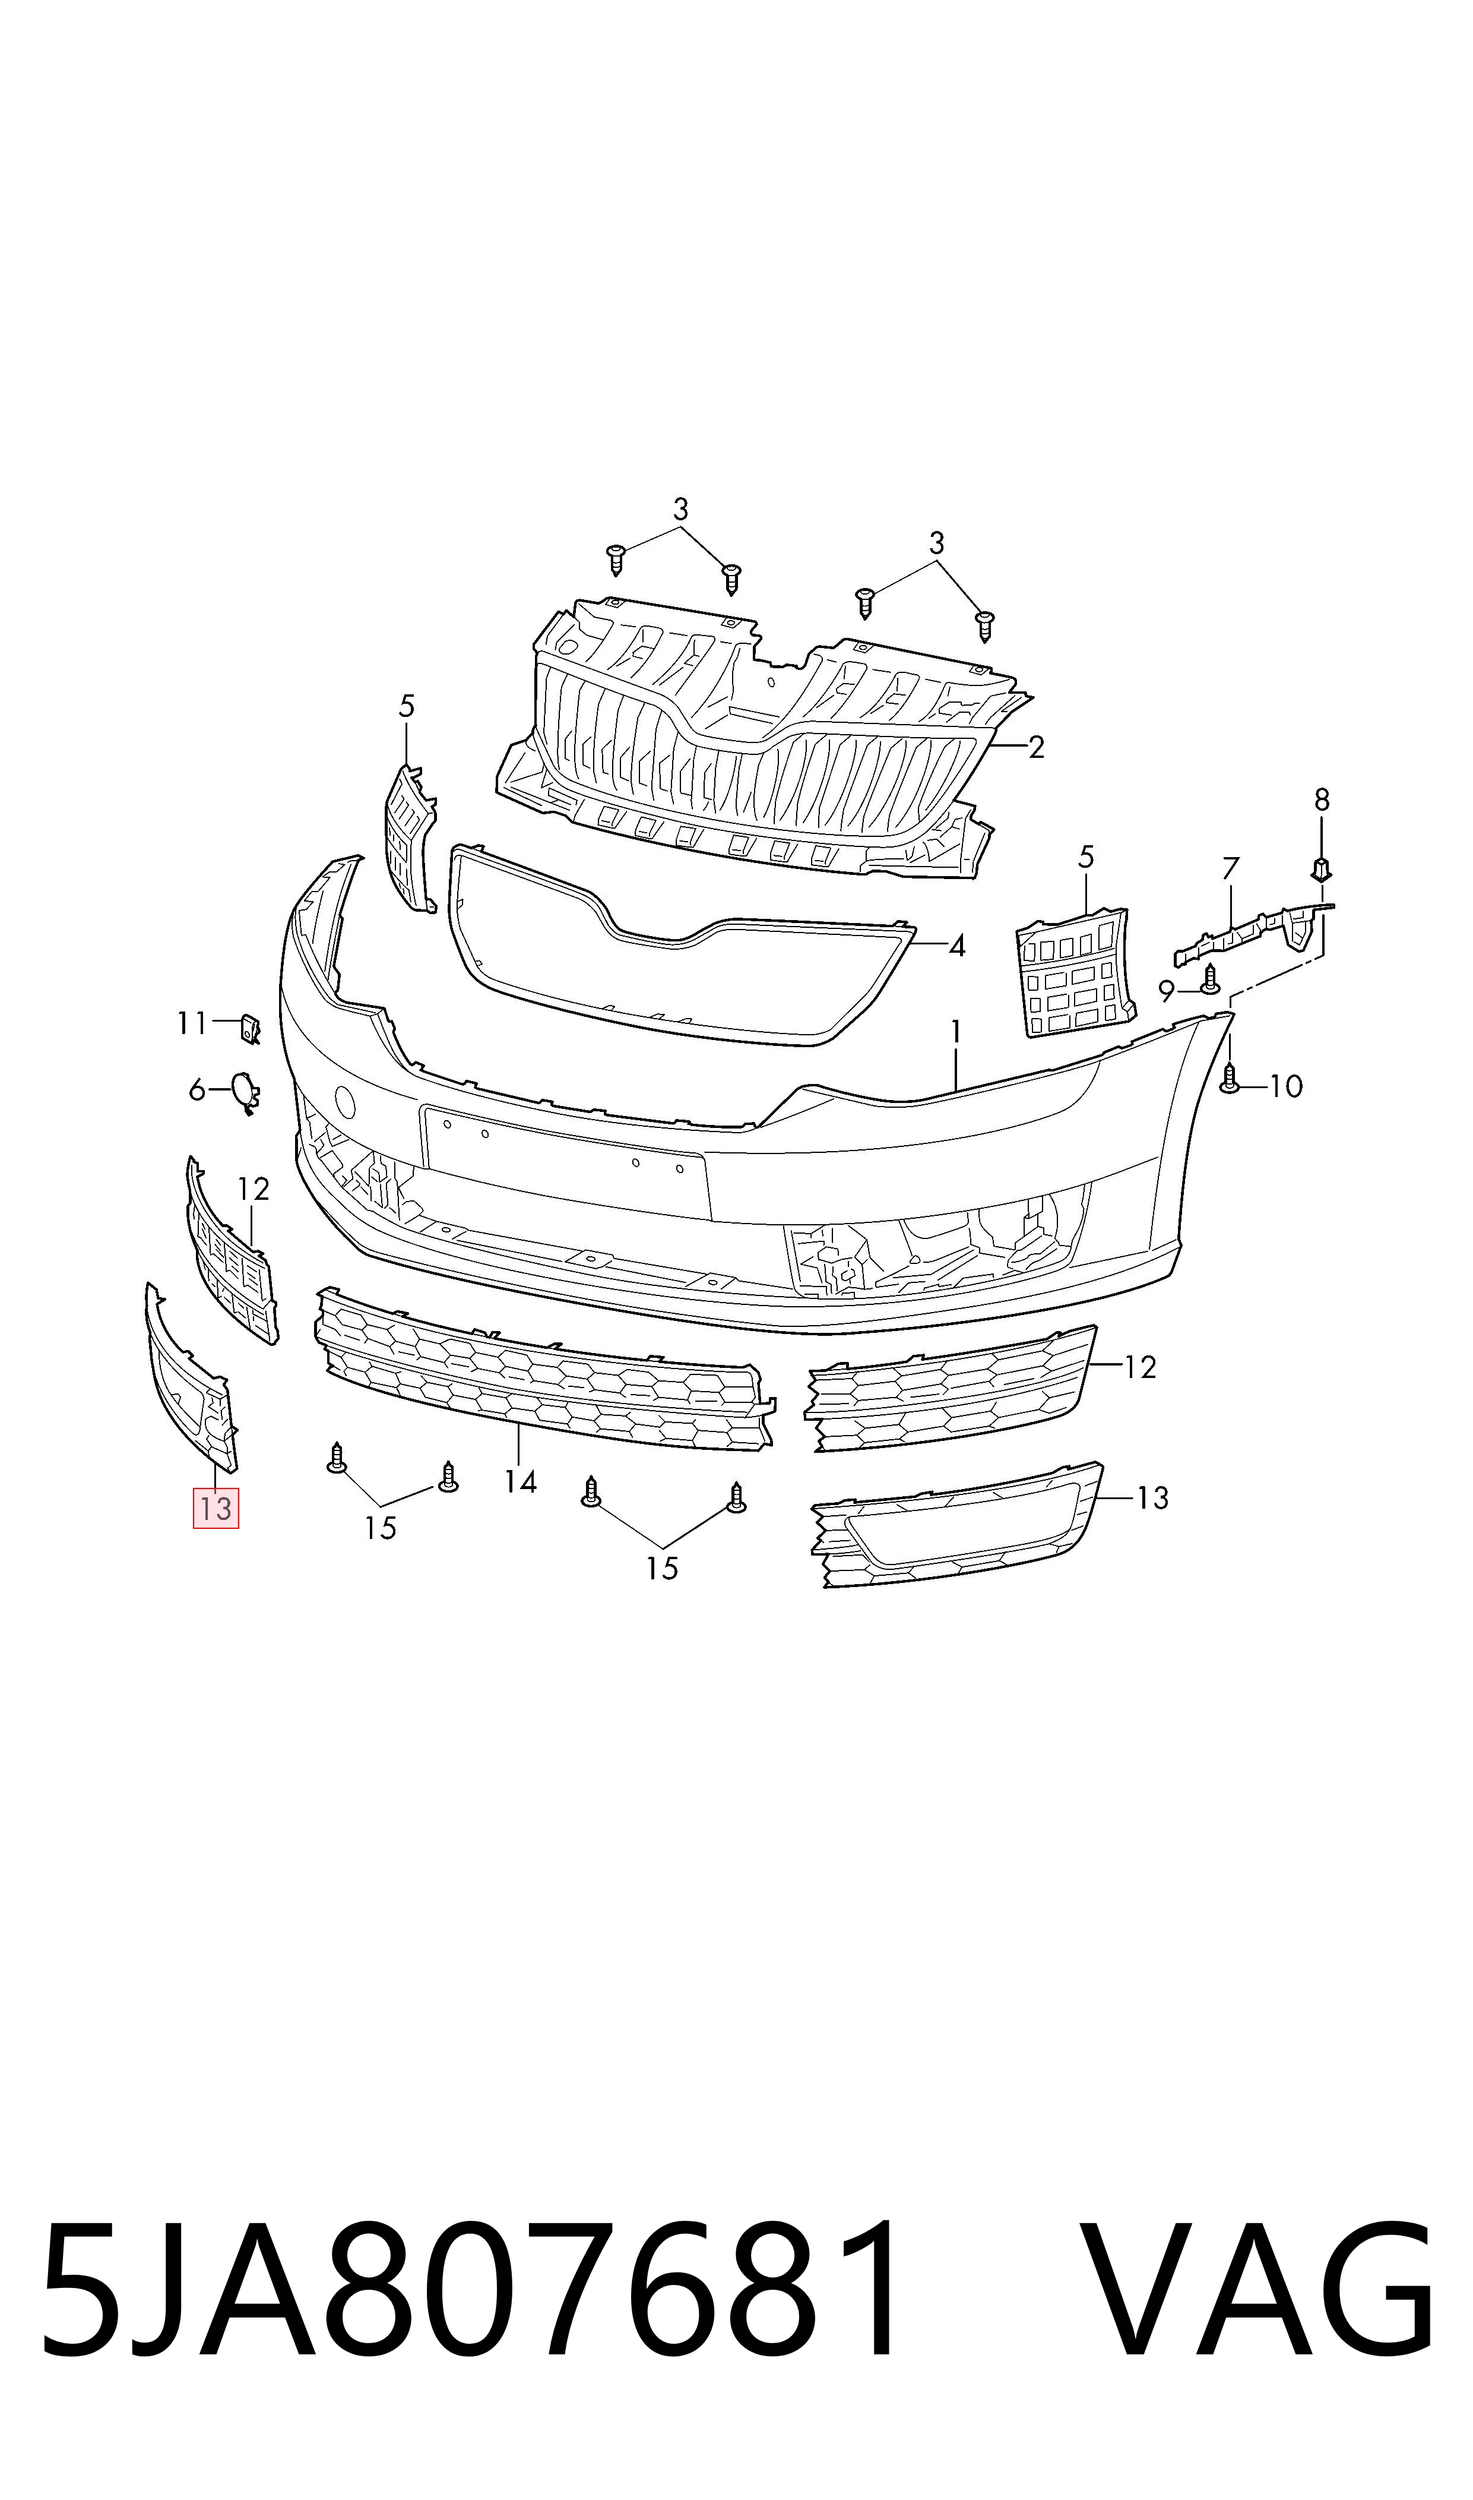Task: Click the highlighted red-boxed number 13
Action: [216, 1509]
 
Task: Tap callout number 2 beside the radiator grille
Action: [1036, 748]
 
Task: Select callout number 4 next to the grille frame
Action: [957, 946]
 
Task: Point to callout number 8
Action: [1321, 799]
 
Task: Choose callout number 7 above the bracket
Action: [1231, 869]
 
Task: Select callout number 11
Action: [192, 1023]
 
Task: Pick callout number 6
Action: [197, 1091]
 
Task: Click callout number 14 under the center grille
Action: [520, 1483]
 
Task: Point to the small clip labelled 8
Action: [1321, 870]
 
